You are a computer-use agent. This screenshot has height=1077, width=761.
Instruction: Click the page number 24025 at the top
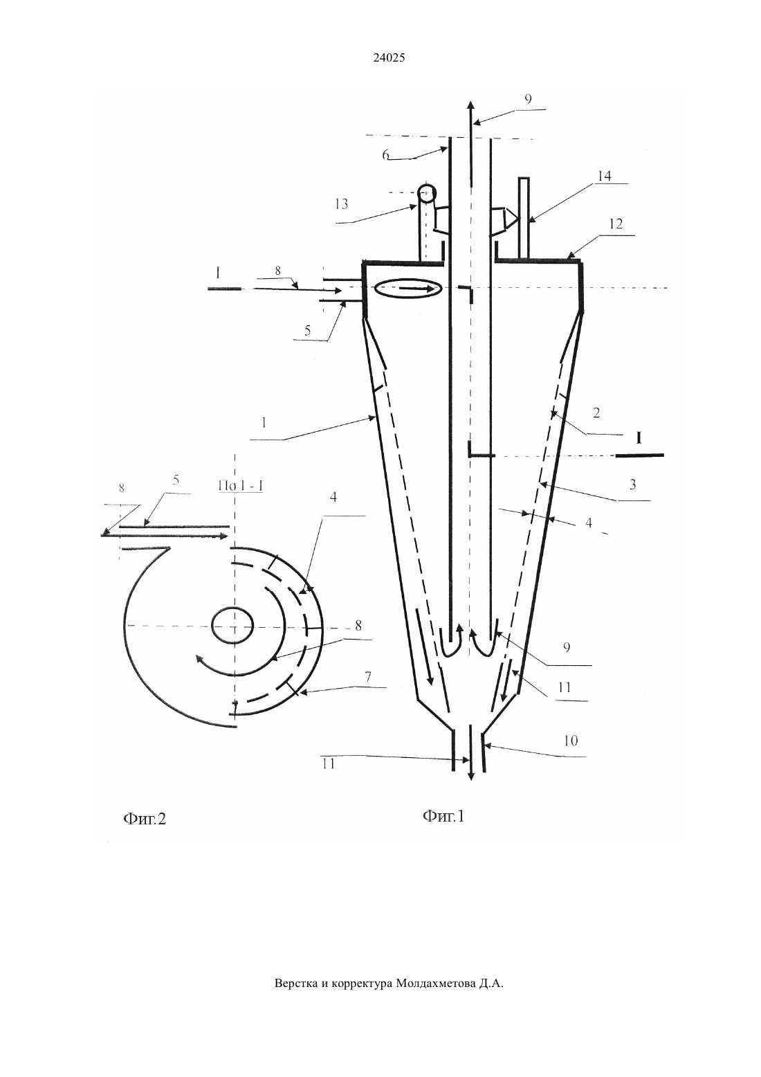coord(389,57)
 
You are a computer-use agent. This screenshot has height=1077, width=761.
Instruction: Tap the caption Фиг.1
coord(443,816)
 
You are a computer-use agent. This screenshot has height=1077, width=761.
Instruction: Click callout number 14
coord(604,176)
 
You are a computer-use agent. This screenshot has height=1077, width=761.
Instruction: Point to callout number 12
coord(616,224)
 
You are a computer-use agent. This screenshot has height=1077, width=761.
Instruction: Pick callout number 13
coord(341,204)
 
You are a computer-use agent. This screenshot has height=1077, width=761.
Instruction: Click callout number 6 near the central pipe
coord(386,155)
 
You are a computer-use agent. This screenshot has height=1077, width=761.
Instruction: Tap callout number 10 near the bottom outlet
coord(571,741)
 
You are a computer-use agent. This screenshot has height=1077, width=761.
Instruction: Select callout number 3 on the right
coord(633,485)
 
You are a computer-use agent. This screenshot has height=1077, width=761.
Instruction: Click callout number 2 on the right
coord(596,413)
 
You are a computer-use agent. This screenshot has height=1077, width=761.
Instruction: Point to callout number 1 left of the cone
coord(264,423)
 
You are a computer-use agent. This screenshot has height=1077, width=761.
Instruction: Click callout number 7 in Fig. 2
coord(367,678)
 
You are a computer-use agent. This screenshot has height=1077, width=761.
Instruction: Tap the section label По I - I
coord(241,486)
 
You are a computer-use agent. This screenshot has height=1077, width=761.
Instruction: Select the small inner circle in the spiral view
coord(232,624)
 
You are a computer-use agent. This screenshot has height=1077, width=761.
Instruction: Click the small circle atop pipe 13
coord(427,194)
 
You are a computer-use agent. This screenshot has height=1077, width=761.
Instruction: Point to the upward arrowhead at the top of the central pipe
coord(471,107)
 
